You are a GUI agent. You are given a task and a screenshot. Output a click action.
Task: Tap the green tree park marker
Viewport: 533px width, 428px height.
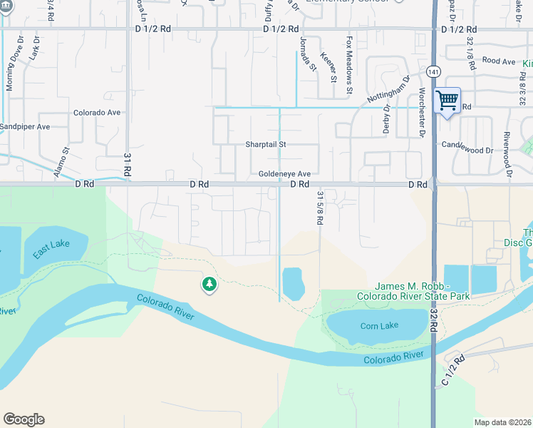tap(209, 285)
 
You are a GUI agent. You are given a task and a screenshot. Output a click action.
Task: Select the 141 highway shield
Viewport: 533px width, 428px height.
tap(433, 72)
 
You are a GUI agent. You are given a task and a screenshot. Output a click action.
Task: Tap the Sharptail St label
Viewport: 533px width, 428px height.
tap(266, 144)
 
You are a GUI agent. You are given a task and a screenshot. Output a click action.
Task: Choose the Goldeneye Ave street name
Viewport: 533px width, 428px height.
tap(284, 174)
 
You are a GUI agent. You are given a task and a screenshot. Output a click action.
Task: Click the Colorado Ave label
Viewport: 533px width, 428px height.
tap(97, 113)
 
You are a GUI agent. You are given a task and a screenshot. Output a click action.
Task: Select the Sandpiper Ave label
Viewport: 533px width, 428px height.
tap(25, 127)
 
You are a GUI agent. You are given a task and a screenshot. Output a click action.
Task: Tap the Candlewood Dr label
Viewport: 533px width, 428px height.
tap(467, 151)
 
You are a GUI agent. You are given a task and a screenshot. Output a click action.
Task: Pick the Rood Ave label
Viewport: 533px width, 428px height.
tap(498, 61)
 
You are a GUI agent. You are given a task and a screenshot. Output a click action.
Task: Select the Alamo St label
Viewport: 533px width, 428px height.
tap(64, 160)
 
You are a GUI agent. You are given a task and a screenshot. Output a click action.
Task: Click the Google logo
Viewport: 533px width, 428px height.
tap(24, 419)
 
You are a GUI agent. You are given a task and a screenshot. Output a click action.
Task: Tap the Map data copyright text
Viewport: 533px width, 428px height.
tap(502, 422)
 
